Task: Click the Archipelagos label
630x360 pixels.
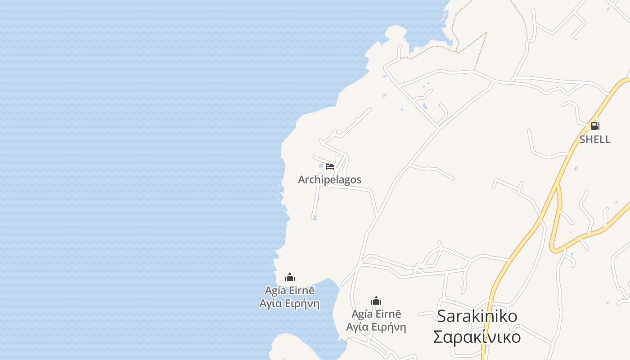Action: (x=329, y=180)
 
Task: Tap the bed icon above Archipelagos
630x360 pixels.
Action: (x=330, y=166)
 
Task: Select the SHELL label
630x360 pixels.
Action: (x=595, y=139)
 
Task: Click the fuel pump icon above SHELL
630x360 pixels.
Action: (x=595, y=126)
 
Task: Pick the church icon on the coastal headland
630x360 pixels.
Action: (x=290, y=277)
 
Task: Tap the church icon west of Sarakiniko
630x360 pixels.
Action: (x=376, y=301)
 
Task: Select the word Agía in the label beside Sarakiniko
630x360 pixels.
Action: (x=362, y=314)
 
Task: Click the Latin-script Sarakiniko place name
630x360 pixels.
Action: (x=477, y=316)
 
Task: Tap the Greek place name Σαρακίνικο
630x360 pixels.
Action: (x=477, y=337)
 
